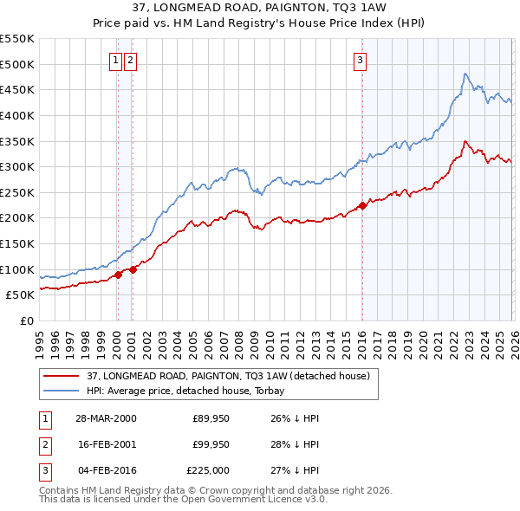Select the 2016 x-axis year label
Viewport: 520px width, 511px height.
pos(361,338)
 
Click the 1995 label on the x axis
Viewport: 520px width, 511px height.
pos(40,338)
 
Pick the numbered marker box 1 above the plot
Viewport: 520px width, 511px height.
pos(115,60)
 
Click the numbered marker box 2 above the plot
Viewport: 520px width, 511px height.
pos(130,60)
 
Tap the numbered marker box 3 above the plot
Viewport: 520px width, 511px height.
pos(359,60)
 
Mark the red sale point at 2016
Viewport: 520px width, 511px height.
pos(362,205)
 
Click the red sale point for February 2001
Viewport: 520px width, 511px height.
pos(133,269)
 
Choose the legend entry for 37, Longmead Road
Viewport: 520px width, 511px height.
pos(228,376)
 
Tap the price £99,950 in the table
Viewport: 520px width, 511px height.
pos(211,444)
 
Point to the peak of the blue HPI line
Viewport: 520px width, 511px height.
pos(465,74)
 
